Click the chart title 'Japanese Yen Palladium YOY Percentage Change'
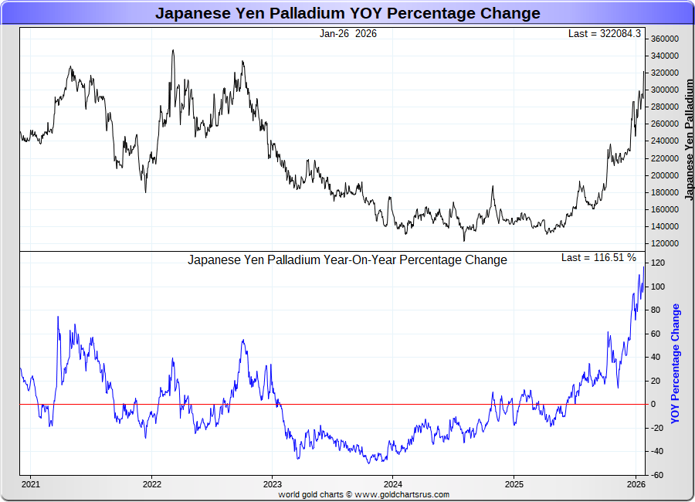(347, 13)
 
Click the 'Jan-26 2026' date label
(348, 33)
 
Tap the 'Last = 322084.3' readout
(604, 33)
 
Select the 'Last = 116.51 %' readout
(599, 257)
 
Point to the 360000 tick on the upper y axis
(664, 39)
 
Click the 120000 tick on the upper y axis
(664, 243)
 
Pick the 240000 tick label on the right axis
(664, 141)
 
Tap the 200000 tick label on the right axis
(664, 175)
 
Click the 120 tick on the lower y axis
(658, 263)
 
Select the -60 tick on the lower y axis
(657, 475)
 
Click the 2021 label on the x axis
(31, 484)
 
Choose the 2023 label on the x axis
(272, 484)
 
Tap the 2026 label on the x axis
(636, 484)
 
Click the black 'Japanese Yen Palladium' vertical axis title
(690, 139)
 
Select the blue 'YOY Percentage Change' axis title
(676, 363)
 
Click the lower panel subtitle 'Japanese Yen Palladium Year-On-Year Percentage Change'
(347, 260)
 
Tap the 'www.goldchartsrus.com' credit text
(402, 494)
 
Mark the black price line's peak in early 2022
(172, 50)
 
